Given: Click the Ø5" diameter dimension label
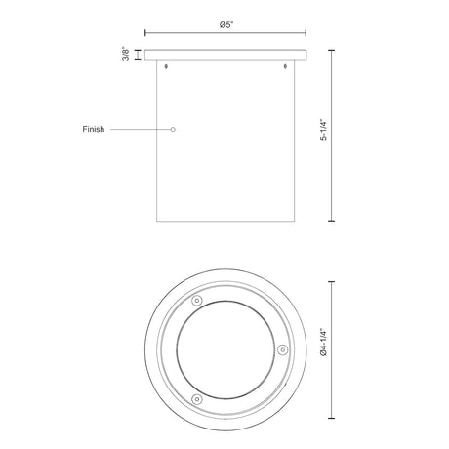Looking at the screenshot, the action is point(226,24).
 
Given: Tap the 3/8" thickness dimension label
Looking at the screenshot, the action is point(126,54).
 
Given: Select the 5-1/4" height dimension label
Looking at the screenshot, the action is point(323,130).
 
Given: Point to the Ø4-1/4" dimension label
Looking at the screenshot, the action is point(323,343).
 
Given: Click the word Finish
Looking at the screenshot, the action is point(94,129).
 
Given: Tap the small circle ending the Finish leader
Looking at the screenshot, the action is point(173,130).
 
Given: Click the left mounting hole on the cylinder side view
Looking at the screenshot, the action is point(167,66).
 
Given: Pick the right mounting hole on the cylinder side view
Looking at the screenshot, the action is point(285,66).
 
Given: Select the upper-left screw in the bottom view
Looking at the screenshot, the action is point(197,301).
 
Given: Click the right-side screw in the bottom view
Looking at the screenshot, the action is point(283,350).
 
